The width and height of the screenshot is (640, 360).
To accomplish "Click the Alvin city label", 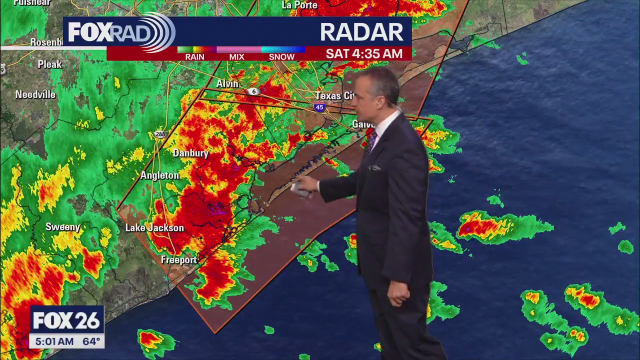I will [x=227, y=83].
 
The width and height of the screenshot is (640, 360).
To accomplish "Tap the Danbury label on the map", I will [x=190, y=153].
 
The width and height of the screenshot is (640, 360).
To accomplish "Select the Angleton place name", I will [x=159, y=175].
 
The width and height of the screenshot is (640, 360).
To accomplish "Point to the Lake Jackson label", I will [x=154, y=228].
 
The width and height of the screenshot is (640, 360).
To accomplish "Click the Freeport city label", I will [x=178, y=260].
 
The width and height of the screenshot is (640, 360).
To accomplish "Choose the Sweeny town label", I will [x=63, y=227].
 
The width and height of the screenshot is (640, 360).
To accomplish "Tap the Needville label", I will [x=35, y=94].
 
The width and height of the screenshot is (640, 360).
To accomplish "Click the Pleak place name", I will [x=50, y=64].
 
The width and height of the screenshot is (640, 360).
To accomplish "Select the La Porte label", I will [x=299, y=5].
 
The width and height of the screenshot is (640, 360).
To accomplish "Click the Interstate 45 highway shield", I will [x=319, y=106].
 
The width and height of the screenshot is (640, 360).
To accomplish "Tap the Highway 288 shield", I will [x=160, y=134].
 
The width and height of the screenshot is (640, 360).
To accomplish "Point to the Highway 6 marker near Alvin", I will [x=254, y=91].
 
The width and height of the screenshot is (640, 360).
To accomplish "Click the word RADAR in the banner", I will [x=361, y=32].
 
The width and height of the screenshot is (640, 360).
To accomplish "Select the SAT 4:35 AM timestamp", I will [x=364, y=54].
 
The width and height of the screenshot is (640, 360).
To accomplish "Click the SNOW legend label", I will [x=281, y=57].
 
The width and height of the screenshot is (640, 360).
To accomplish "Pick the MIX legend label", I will [x=236, y=57].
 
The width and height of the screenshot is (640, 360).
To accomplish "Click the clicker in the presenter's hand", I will [x=300, y=189].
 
